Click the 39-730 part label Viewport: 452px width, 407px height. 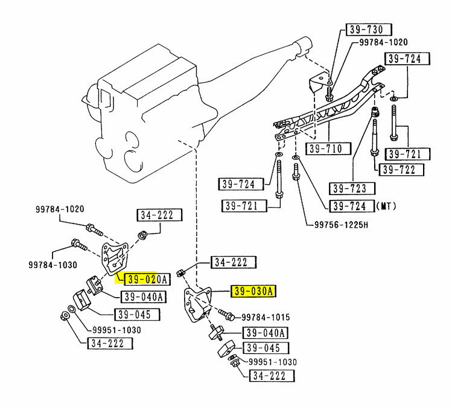[x=369, y=30]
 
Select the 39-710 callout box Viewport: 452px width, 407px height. [x=328, y=149]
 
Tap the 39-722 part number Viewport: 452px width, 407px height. [x=401, y=170]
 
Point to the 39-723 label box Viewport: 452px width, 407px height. [x=352, y=188]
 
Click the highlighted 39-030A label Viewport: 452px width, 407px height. [x=253, y=291]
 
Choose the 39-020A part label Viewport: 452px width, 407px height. [x=147, y=279]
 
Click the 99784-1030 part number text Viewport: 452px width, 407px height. [x=53, y=265]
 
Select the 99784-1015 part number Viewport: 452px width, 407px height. [x=266, y=317]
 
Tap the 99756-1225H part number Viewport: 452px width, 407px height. [x=341, y=225]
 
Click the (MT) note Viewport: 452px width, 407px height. [x=386, y=206]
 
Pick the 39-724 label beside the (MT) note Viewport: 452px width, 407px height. [x=352, y=207]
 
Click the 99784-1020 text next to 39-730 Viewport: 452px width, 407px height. [x=383, y=42]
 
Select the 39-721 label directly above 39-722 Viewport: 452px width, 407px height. [x=407, y=154]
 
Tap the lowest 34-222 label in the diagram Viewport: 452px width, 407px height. [x=272, y=376]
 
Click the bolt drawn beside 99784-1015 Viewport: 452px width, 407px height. [x=226, y=315]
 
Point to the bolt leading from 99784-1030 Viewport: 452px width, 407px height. [x=79, y=245]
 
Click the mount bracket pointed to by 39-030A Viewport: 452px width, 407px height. [x=197, y=304]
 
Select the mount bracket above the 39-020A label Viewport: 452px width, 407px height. [x=114, y=258]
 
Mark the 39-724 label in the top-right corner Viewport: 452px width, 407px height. [x=407, y=59]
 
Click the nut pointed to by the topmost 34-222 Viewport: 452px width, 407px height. [x=142, y=235]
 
